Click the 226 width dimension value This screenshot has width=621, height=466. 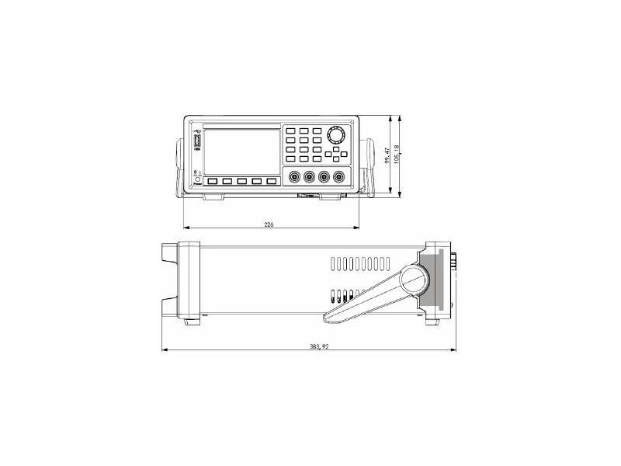(269, 224)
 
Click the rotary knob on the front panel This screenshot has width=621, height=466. (336, 135)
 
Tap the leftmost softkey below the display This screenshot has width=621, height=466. (212, 182)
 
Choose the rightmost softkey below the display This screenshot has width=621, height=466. (272, 182)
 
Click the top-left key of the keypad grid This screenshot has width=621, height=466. (290, 131)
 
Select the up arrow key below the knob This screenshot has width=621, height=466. (336, 148)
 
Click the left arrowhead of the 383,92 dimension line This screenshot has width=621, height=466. (163, 350)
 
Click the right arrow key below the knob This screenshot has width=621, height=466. (343, 154)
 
